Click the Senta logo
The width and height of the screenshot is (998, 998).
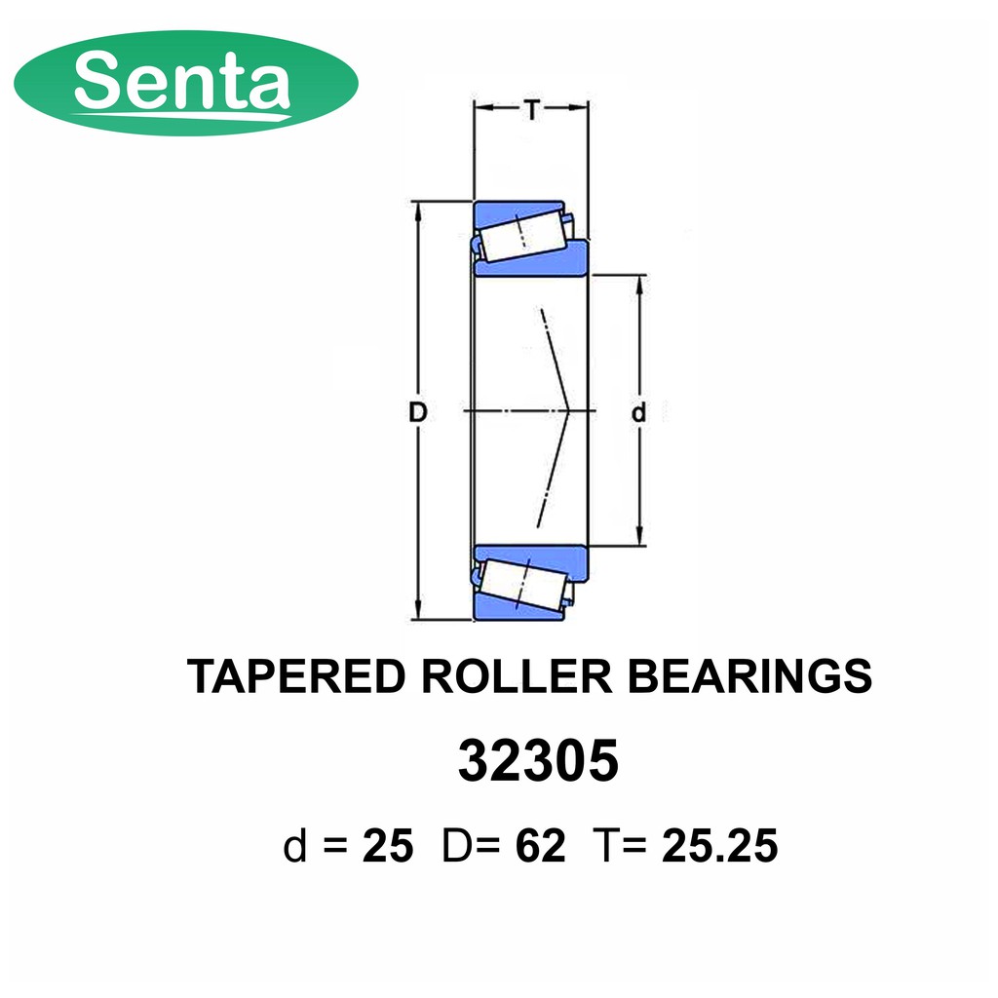tap(186, 83)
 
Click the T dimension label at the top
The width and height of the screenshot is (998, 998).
tap(531, 110)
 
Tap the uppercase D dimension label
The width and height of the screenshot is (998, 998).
tap(417, 412)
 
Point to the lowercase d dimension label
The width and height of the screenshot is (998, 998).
tap(638, 412)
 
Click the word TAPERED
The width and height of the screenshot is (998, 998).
tap(296, 676)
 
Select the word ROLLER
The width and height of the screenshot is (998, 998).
tap(517, 676)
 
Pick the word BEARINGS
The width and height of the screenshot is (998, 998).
tap(749, 676)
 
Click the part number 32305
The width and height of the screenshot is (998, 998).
tap(538, 760)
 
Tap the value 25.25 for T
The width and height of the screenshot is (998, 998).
tap(720, 846)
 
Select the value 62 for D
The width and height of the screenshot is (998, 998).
tap(540, 846)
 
